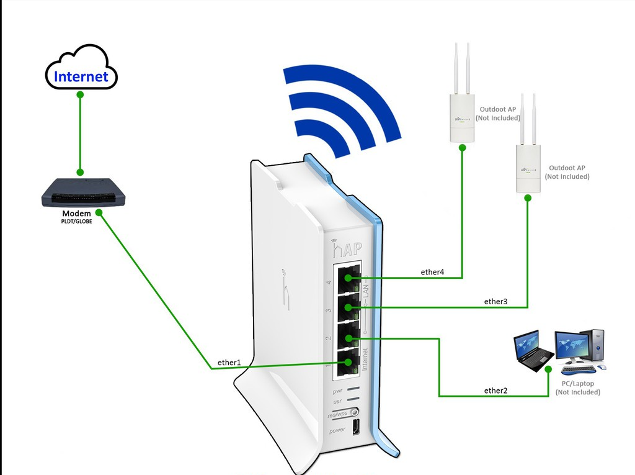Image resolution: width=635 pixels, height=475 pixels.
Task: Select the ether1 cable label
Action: (228, 362)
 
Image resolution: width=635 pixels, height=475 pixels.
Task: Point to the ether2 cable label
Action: (495, 390)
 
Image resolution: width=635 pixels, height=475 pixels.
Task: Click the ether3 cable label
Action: (495, 301)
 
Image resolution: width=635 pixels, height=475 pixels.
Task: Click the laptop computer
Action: (533, 351)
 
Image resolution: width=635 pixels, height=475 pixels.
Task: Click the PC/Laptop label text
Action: (577, 384)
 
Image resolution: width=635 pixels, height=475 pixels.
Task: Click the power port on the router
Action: (356, 428)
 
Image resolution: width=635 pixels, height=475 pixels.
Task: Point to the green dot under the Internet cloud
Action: (80, 95)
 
